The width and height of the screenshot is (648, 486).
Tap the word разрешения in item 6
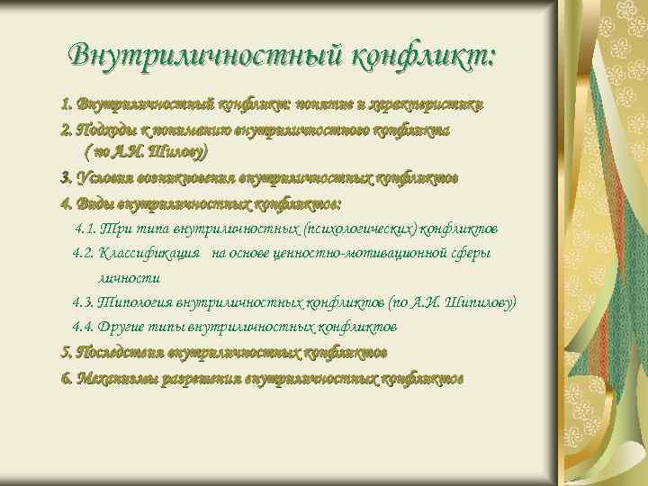tap(202, 377)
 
